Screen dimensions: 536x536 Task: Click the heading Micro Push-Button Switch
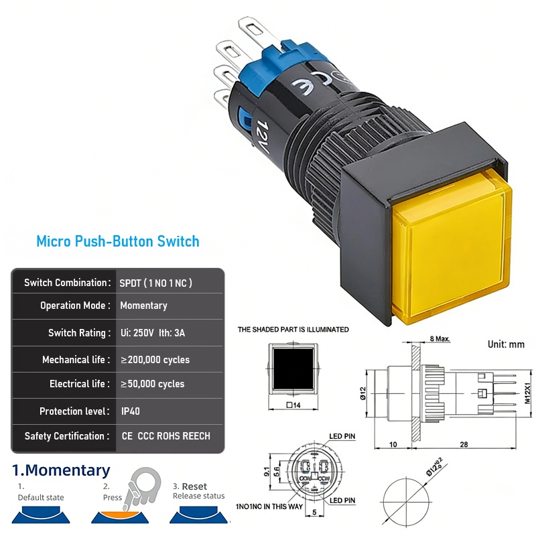pyautogui.click(x=118, y=241)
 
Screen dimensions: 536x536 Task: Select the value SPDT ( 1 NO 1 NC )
pyautogui.click(x=155, y=283)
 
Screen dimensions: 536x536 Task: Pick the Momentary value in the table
pyautogui.click(x=143, y=306)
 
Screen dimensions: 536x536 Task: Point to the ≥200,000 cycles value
pyautogui.click(x=155, y=360)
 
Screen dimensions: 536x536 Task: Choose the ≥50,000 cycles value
pyautogui.click(x=152, y=384)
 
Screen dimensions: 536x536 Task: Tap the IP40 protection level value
pyautogui.click(x=130, y=411)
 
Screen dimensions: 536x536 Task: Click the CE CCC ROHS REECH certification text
pyautogui.click(x=165, y=436)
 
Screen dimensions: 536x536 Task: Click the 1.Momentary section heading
pyautogui.click(x=62, y=470)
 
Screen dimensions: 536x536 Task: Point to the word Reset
pyautogui.click(x=194, y=486)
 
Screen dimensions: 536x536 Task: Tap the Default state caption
pyautogui.click(x=41, y=497)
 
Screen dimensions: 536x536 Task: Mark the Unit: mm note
pyautogui.click(x=506, y=344)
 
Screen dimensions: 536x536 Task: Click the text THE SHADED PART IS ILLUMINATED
pyautogui.click(x=293, y=329)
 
